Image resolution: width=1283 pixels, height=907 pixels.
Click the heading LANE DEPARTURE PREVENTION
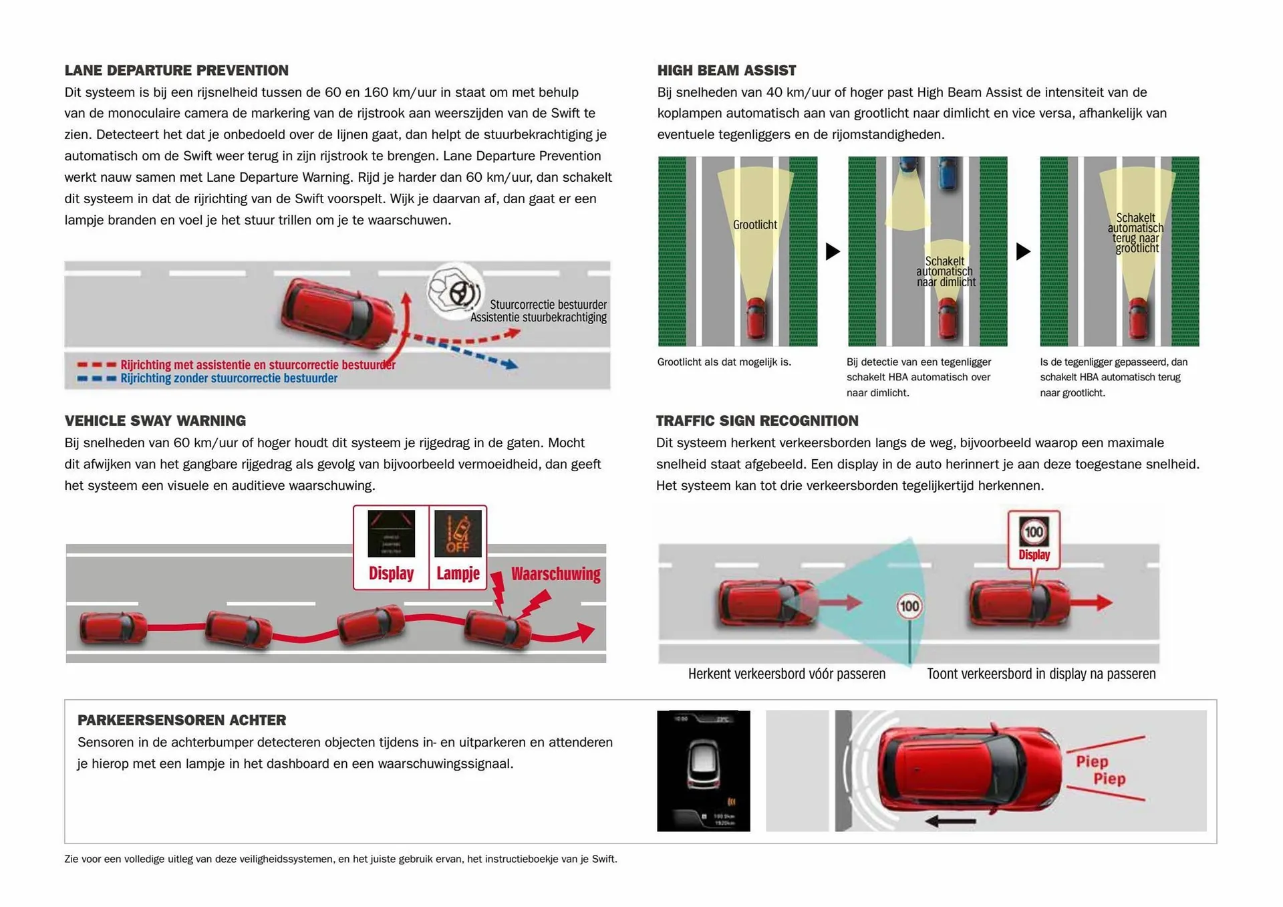176,70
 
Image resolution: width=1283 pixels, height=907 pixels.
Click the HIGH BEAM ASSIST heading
726,70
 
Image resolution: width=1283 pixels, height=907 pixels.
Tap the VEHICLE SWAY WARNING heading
155,420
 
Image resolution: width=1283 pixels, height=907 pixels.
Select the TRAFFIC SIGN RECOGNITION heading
757,420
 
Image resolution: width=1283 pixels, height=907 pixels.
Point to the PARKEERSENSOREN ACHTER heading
182,720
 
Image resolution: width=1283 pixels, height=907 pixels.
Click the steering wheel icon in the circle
459,292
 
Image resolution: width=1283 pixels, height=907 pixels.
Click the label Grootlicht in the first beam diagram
754,225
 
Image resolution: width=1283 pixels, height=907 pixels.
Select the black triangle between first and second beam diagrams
832,251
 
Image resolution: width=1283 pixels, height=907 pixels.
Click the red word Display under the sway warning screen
391,573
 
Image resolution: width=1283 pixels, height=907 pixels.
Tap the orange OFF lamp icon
458,533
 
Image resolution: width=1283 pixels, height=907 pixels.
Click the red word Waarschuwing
555,574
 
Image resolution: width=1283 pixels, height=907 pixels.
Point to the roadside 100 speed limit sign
909,606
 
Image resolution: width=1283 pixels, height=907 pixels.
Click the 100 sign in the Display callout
1034,532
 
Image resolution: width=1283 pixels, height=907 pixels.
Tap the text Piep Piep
1101,770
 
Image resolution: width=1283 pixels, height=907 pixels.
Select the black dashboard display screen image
703,771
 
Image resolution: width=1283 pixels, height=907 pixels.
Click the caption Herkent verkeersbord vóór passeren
787,674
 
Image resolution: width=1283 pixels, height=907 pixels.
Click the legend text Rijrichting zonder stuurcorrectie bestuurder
229,378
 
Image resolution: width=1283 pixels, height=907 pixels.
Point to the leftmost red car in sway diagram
112,627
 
